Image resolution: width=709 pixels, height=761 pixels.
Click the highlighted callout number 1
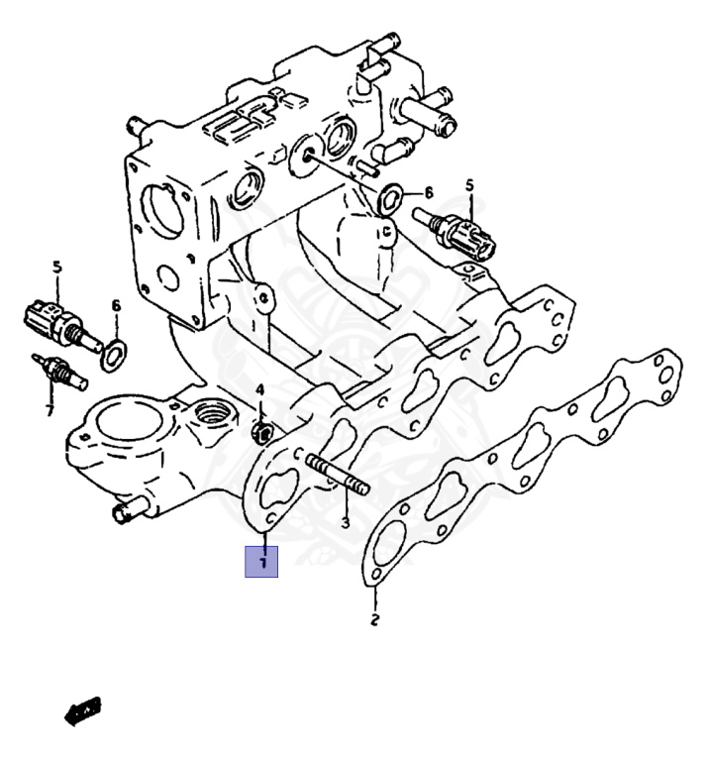pyautogui.click(x=262, y=562)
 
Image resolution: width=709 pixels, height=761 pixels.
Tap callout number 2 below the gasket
pyautogui.click(x=374, y=621)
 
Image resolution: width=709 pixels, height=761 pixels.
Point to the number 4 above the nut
pyautogui.click(x=259, y=390)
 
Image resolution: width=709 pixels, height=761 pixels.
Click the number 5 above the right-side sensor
pyautogui.click(x=470, y=185)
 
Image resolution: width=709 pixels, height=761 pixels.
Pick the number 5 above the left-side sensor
pyautogui.click(x=56, y=267)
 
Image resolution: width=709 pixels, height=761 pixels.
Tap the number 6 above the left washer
pyautogui.click(x=116, y=306)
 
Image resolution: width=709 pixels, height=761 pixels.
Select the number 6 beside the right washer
pyautogui.click(x=429, y=192)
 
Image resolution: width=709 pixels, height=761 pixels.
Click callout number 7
pyautogui.click(x=49, y=409)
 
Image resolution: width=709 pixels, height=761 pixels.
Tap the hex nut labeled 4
pyautogui.click(x=262, y=432)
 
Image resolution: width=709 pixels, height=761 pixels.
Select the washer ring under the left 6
pyautogui.click(x=115, y=350)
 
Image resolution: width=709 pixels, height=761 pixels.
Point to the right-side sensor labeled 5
pyautogui.click(x=465, y=235)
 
